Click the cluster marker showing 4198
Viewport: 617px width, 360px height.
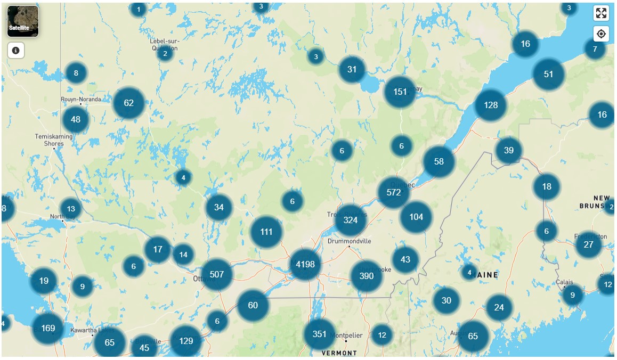pos(305,264)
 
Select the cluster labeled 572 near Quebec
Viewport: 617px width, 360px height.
pos(394,192)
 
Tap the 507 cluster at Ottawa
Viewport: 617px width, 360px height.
pos(217,274)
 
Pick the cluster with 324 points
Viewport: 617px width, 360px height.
pos(351,220)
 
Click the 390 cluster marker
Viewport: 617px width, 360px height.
pos(367,276)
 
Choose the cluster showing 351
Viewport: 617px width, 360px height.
pos(319,334)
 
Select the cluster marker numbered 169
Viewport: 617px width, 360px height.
pos(48,328)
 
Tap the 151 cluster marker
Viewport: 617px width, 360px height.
pos(400,92)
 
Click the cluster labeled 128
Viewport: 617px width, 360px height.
pos(491,105)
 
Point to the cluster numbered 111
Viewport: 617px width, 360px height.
pos(266,232)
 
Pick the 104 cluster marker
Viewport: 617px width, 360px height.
pos(416,217)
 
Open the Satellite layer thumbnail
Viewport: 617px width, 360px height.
pos(23,21)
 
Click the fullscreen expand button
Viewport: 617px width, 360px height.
pos(601,14)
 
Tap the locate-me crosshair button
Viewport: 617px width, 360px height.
pos(601,34)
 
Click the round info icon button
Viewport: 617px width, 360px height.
pos(16,51)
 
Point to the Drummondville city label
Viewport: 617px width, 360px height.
pos(350,241)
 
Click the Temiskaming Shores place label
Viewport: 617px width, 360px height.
pos(54,140)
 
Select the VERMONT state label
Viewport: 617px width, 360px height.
pos(339,353)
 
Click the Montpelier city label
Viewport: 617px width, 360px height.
pos(346,336)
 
